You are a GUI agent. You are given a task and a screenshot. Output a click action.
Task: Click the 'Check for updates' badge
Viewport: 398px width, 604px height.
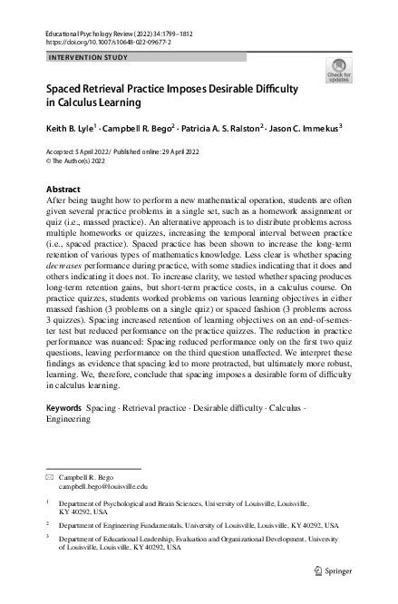click(x=339, y=70)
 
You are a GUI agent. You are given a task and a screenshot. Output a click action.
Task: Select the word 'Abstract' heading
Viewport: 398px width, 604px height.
click(x=63, y=189)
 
